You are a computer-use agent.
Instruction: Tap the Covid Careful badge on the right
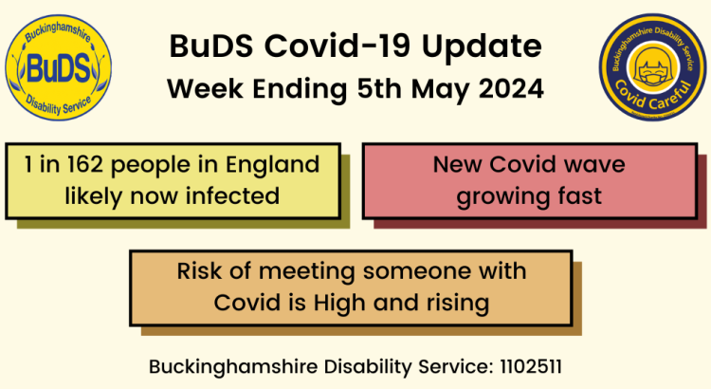click(x=651, y=69)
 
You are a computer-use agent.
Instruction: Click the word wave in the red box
click(x=592, y=165)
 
